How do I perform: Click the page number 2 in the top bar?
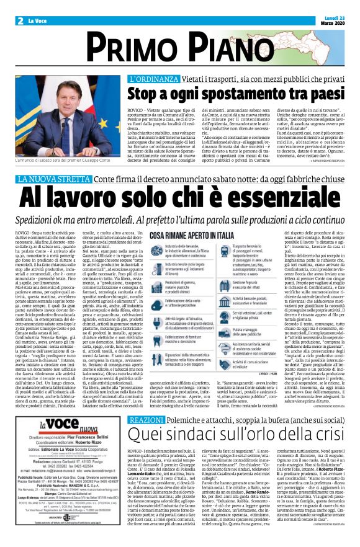click(x=20, y=20)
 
